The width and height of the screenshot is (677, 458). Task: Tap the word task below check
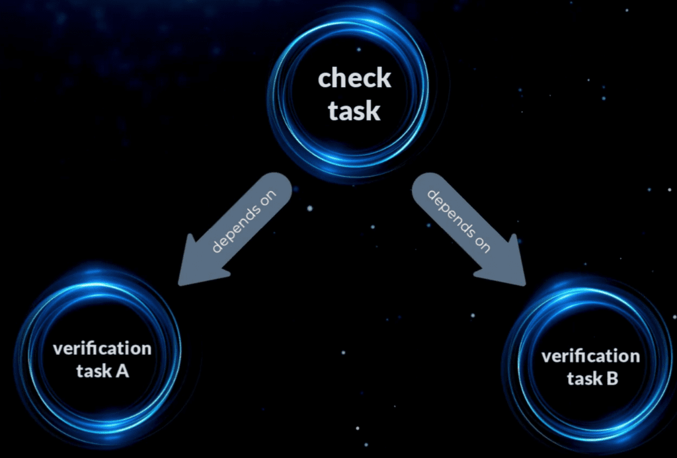point(354,110)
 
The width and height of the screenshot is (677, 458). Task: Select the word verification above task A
point(102,348)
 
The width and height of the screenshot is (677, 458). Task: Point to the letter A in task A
point(122,371)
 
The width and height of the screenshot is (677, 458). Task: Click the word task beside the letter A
point(93,371)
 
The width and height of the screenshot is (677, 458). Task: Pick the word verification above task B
point(590,356)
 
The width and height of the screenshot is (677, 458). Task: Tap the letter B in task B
point(612,379)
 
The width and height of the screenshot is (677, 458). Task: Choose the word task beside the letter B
point(583,379)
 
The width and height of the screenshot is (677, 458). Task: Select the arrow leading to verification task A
point(238,225)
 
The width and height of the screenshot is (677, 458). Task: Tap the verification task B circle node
point(590,367)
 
